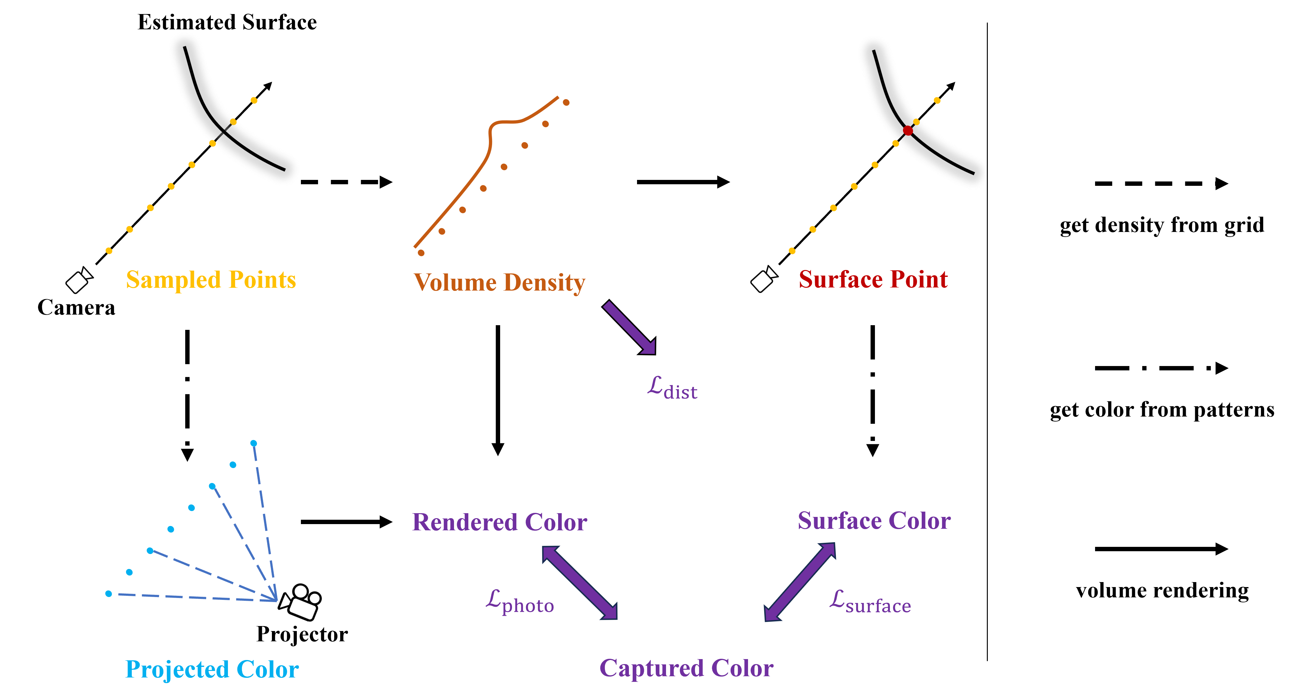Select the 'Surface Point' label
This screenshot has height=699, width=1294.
(873, 279)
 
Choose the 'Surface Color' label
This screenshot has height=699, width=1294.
(874, 521)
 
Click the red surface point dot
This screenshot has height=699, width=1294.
(908, 131)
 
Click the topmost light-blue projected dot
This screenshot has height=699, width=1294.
(254, 443)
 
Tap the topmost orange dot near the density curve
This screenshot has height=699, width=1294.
(566, 103)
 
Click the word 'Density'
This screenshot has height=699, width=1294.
(544, 283)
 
